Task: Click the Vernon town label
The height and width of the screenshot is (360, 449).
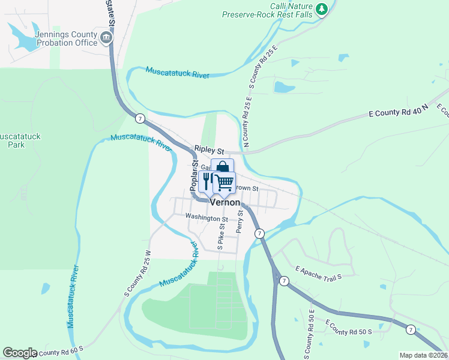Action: (x=224, y=203)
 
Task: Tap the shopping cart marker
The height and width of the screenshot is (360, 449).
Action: (x=224, y=182)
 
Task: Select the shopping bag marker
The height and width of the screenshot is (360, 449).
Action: (x=222, y=167)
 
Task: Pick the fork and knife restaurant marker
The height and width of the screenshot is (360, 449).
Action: (x=208, y=181)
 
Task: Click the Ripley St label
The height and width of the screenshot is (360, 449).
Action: (x=208, y=149)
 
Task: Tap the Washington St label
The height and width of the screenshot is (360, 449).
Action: (x=206, y=218)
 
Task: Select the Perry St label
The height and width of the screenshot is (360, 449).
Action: (x=240, y=221)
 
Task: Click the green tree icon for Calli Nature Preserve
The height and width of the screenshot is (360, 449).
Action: (x=322, y=8)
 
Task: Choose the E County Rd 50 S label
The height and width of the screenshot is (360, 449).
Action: (x=349, y=328)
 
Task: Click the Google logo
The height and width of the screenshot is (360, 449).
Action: (x=20, y=353)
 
